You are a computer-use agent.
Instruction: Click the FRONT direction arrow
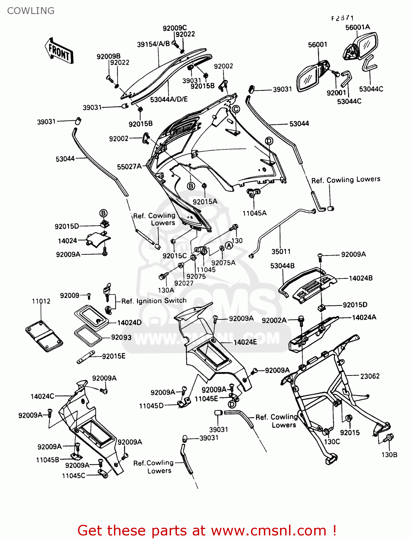tap(59, 51)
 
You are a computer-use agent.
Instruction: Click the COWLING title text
tap(31, 11)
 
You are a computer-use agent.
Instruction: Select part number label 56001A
tap(357, 27)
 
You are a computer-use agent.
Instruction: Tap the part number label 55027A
tap(129, 167)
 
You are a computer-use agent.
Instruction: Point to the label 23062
tap(370, 376)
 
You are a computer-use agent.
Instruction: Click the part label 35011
tap(281, 252)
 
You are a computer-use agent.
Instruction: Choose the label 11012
tap(41, 301)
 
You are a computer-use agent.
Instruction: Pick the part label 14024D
tap(129, 322)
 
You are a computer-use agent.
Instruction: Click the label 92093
tap(121, 337)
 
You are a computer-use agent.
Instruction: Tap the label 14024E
tap(245, 342)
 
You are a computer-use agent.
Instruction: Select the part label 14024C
tap(42, 396)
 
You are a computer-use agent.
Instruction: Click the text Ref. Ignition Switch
tap(154, 301)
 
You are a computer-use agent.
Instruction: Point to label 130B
tap(389, 455)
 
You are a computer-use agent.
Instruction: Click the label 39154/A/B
tap(153, 44)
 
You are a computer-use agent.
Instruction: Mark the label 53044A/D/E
tap(169, 99)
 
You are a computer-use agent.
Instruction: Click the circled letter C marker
tap(235, 109)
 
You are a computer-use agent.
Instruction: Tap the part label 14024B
tap(361, 278)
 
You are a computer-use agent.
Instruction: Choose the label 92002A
tap(274, 321)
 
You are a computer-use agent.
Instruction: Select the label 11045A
tap(255, 213)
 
